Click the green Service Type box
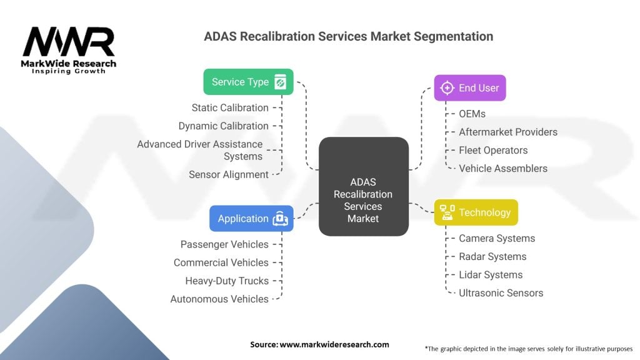pos(248,82)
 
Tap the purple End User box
pos(470,88)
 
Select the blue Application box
pos(251,219)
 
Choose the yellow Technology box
pos(476,212)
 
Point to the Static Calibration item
pos(230,107)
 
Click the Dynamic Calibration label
pos(223,126)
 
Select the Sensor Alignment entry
pos(229,174)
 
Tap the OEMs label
pos(472,114)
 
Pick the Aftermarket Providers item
pos(508,132)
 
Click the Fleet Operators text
pos(493,150)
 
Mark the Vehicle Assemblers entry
pos(503,168)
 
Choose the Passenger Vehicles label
pos(224,244)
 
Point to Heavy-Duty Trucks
pos(227,281)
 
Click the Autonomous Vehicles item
pos(219,299)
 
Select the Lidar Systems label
pos(491,274)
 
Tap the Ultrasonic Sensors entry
pos(501,292)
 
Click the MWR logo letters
pos(69,42)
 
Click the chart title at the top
pos(348,36)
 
